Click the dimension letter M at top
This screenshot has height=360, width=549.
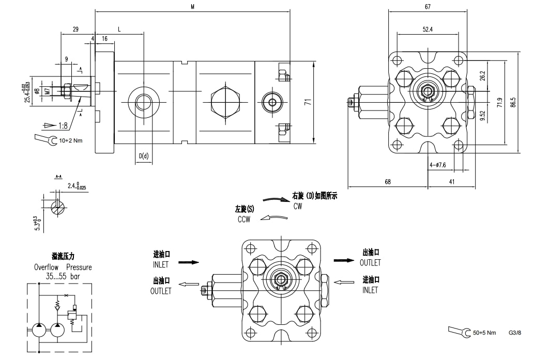[x=192, y=7]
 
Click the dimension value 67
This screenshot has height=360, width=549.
[x=428, y=7]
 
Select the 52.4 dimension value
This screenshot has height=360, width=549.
[x=427, y=29]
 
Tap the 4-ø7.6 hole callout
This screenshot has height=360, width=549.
[x=437, y=165]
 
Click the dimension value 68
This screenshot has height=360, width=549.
[x=388, y=182]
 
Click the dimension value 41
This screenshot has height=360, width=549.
[x=451, y=182]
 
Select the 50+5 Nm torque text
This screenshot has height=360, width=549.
[x=484, y=333]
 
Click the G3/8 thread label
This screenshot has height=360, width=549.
[x=515, y=333]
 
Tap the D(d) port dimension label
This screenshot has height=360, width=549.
[x=144, y=156]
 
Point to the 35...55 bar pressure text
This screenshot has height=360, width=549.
[x=63, y=276]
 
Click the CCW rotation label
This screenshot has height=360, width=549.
[x=242, y=219]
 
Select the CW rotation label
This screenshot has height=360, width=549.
[x=297, y=206]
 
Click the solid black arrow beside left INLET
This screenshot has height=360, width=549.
[x=189, y=262]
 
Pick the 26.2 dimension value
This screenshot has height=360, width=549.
[x=482, y=75]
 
